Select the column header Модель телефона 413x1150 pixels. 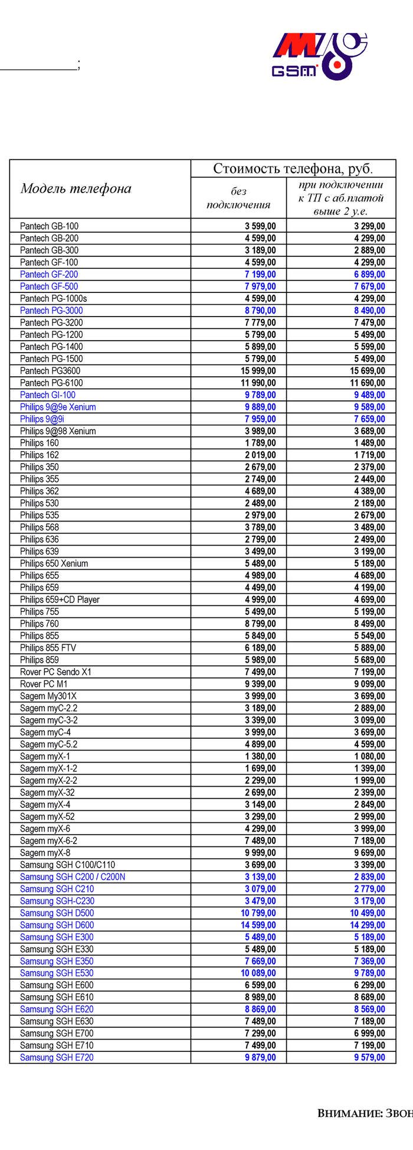[x=76, y=189]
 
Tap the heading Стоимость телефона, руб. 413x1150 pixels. [x=293, y=169]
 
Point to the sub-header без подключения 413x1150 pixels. [x=238, y=198]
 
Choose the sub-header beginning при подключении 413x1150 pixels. [x=341, y=198]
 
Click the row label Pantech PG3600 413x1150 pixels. [x=50, y=371]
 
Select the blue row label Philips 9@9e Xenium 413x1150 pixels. [x=58, y=407]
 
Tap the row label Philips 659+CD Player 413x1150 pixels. [x=60, y=600]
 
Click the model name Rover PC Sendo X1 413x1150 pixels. [x=55, y=672]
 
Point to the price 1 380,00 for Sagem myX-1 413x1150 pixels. [x=261, y=756]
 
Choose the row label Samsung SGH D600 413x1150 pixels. [x=57, y=925]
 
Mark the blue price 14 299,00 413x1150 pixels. [x=368, y=925]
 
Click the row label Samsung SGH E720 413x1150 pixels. [x=57, y=1057]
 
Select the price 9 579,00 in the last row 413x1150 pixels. [x=370, y=1057]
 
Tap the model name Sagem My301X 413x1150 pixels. [x=48, y=696]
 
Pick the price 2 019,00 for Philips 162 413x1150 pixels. [x=261, y=455]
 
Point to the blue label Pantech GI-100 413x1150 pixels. [x=48, y=395]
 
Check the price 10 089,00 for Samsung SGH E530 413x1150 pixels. [x=258, y=973]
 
